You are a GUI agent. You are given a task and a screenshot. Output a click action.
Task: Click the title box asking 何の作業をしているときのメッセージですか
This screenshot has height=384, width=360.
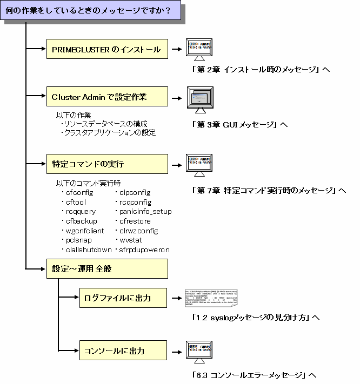click(92, 10)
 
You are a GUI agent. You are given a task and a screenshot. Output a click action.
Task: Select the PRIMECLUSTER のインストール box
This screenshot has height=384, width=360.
click(106, 50)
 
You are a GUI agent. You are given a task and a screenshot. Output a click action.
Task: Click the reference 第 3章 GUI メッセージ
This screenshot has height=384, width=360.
click(239, 125)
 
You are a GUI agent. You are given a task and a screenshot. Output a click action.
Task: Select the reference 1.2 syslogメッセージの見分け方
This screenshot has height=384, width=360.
click(256, 318)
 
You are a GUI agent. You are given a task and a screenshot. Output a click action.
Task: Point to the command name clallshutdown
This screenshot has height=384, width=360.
click(89, 250)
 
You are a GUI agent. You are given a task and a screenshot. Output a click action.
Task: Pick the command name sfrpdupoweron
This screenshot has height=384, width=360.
click(142, 250)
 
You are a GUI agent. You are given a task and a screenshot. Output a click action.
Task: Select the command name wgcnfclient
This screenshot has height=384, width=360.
click(85, 231)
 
